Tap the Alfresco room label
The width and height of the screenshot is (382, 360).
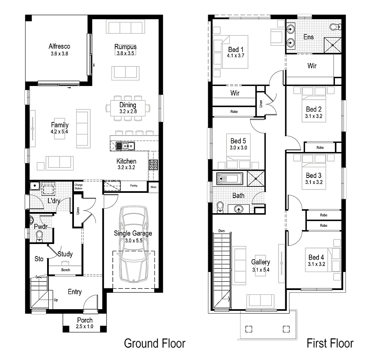tap(59, 46)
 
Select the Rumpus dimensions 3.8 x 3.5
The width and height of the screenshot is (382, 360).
tap(125, 53)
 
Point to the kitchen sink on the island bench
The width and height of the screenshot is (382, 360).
tap(125, 146)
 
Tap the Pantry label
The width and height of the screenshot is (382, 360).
tap(134, 186)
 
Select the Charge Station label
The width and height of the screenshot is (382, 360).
tap(78, 186)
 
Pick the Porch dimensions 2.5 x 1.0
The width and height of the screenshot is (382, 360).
tap(85, 327)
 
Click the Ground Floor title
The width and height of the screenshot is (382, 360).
tap(155, 343)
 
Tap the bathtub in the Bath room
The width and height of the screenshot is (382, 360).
tap(230, 178)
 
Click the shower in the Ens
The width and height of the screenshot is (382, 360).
tap(330, 46)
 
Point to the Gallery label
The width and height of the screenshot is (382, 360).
tap(261, 262)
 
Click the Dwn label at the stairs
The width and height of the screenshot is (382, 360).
tap(221, 231)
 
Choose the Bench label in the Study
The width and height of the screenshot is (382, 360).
tap(66, 270)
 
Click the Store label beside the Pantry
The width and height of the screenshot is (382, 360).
tap(153, 187)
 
